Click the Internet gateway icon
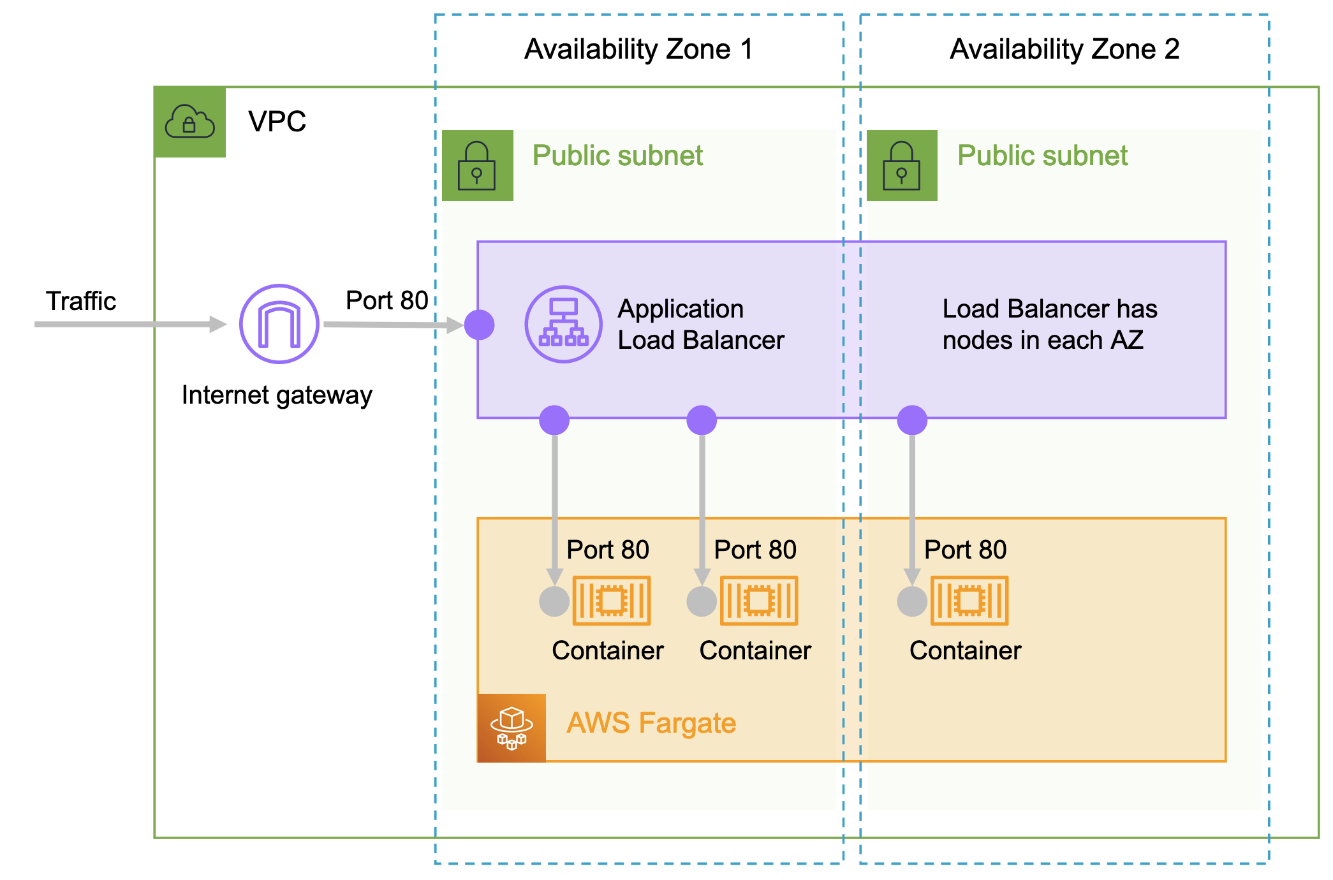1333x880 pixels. [279, 324]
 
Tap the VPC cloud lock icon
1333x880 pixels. [189, 122]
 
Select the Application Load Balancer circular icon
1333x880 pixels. [563, 324]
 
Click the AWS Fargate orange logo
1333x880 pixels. [512, 728]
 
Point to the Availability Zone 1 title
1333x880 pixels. [638, 49]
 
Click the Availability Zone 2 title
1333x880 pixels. [1064, 49]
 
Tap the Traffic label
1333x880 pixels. [81, 301]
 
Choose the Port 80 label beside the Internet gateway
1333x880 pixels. [387, 300]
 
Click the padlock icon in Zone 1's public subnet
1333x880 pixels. [477, 166]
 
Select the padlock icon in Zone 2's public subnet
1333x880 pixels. [901, 166]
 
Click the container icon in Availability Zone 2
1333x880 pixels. [969, 600]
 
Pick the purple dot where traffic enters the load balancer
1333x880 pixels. [480, 325]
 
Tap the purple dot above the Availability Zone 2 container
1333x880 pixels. [912, 420]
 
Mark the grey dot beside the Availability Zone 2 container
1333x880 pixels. [912, 601]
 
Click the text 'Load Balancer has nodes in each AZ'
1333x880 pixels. [1049, 324]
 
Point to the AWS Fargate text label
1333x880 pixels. [651, 723]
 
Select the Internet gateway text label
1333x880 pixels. [277, 395]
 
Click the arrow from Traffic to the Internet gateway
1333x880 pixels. [128, 325]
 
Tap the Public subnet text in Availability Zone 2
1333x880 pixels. [1042, 156]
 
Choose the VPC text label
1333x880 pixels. [277, 121]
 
